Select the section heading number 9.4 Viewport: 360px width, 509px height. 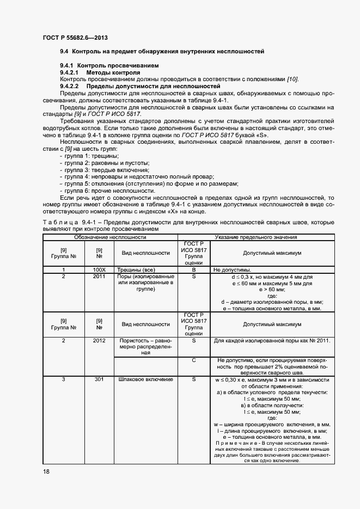[64, 52]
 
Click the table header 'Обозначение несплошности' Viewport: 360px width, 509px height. [110, 237]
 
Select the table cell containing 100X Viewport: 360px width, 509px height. [99, 269]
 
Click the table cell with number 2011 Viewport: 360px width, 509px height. [99, 277]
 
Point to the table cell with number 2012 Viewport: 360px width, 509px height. [99, 340]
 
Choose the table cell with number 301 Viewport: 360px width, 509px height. [99, 379]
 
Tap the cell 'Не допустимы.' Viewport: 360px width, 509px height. [232, 269]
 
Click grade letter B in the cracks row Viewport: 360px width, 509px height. [194, 269]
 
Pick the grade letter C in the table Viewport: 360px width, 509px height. [194, 360]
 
